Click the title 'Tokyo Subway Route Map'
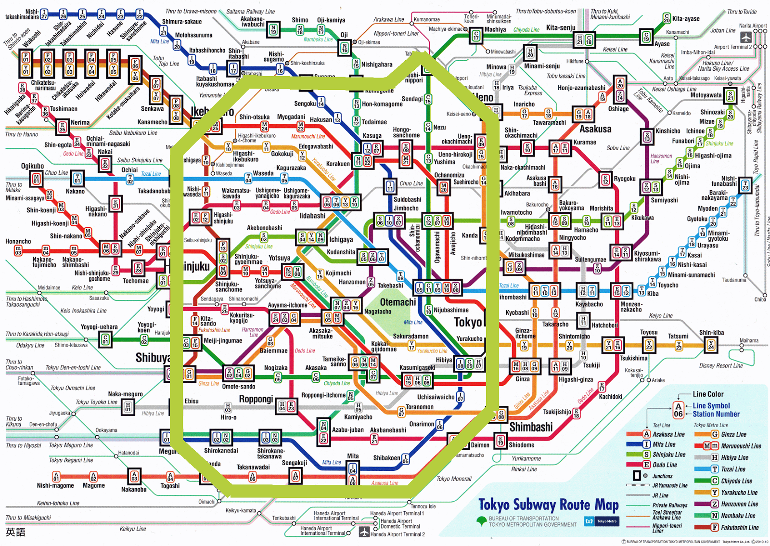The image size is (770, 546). [548, 505]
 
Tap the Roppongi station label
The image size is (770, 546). [256, 399]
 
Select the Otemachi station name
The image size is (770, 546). [398, 302]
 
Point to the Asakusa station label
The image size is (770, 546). [595, 129]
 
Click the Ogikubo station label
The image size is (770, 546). [32, 166]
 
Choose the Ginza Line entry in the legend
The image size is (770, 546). [733, 434]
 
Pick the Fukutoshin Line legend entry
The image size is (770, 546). [739, 528]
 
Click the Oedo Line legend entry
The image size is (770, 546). [665, 465]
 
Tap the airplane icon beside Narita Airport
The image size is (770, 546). [745, 37]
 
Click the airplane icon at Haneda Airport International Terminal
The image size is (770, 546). [364, 532]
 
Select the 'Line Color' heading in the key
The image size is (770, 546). [708, 394]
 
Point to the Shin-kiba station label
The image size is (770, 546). [711, 333]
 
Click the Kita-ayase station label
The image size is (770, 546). [686, 19]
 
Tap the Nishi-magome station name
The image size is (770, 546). [55, 485]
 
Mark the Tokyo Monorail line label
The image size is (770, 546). [454, 479]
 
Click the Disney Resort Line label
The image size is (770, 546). [720, 365]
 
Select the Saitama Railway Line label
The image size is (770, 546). [250, 12]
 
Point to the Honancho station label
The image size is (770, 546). [18, 241]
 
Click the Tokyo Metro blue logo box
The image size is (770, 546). [602, 521]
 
